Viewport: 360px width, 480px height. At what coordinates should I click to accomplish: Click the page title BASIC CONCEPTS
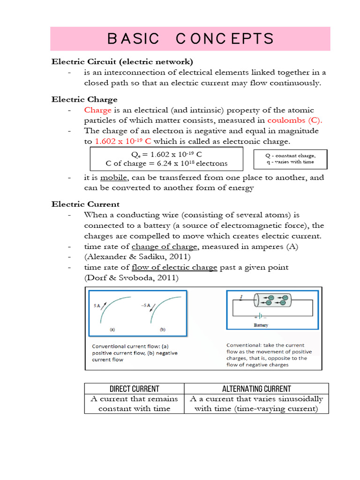[190, 38]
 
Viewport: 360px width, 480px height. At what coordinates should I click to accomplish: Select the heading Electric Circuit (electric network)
[122, 61]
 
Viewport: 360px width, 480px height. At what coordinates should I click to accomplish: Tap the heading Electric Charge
[84, 99]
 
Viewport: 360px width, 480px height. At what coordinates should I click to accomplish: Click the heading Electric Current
[85, 204]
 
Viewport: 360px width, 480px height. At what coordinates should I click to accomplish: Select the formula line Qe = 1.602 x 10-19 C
[166, 154]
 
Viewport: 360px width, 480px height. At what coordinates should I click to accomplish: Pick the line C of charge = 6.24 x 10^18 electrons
[166, 163]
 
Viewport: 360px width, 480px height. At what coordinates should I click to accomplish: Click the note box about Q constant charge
[290, 159]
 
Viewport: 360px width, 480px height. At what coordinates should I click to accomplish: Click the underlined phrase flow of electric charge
[174, 267]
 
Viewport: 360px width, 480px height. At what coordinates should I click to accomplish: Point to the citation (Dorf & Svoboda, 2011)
[131, 277]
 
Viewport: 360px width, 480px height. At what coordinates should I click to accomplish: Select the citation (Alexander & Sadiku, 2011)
[137, 257]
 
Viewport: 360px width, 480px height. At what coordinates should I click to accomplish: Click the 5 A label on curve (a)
[96, 306]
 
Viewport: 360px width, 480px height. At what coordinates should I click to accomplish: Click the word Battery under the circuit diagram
[261, 324]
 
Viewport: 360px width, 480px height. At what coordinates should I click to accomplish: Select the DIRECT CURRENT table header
[134, 389]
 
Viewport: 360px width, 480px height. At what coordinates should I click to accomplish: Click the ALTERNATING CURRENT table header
[256, 389]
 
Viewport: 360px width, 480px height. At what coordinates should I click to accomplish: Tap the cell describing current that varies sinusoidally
[256, 404]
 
